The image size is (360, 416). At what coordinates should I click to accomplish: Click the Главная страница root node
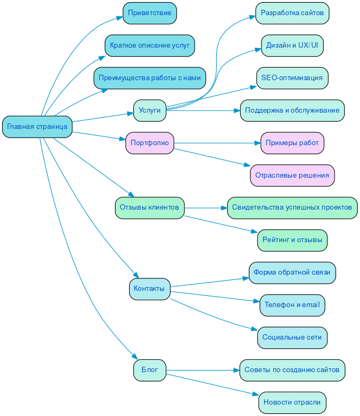37,127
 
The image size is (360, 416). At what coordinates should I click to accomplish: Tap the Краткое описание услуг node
150,45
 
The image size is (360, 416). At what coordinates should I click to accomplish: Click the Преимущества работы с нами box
150,78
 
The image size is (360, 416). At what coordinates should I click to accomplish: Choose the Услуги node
150,110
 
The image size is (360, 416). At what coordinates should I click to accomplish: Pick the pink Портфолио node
150,143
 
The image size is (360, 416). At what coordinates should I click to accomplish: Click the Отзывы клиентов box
150,207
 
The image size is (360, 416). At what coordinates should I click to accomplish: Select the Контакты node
150,289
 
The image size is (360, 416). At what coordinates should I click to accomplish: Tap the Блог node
150,370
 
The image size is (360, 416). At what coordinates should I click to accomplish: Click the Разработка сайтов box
292,13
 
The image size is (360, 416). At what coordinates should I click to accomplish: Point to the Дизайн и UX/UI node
292,45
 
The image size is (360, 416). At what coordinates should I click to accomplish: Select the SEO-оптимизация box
292,78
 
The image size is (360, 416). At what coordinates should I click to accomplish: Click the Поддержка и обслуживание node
292,110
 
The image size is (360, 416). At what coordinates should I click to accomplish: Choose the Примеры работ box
292,143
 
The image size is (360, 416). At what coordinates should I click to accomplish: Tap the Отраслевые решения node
292,175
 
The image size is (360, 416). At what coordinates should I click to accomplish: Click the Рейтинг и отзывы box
292,240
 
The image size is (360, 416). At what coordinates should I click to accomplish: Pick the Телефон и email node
292,305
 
